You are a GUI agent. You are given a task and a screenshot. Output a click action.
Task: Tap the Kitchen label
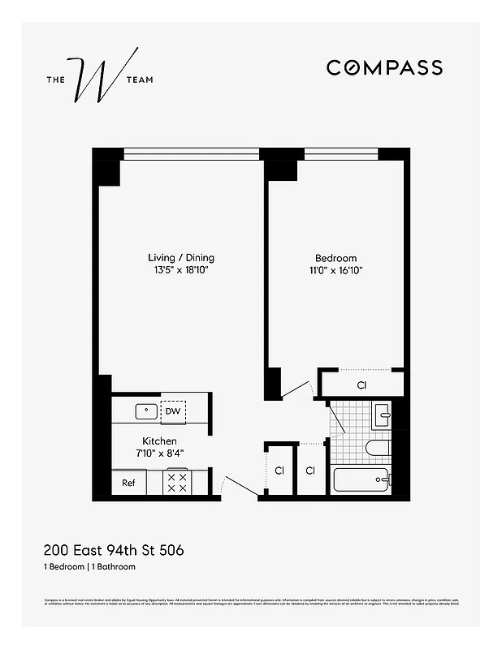(x=159, y=441)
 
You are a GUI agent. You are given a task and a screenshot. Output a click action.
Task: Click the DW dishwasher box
(x=172, y=411)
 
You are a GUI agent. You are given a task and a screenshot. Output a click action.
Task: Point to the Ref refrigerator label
(x=128, y=483)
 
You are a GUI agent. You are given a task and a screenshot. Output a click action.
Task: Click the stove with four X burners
(x=177, y=483)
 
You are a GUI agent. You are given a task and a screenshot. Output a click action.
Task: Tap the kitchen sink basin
(x=146, y=410)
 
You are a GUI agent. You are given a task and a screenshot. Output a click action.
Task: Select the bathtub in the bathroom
(x=361, y=479)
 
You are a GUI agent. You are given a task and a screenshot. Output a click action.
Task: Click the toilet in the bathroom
(x=378, y=447)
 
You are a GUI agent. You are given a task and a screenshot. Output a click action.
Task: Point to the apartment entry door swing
(x=240, y=486)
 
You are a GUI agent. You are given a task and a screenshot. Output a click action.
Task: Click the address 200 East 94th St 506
(x=114, y=550)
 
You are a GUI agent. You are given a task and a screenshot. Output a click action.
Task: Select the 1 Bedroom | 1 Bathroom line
(x=89, y=566)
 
